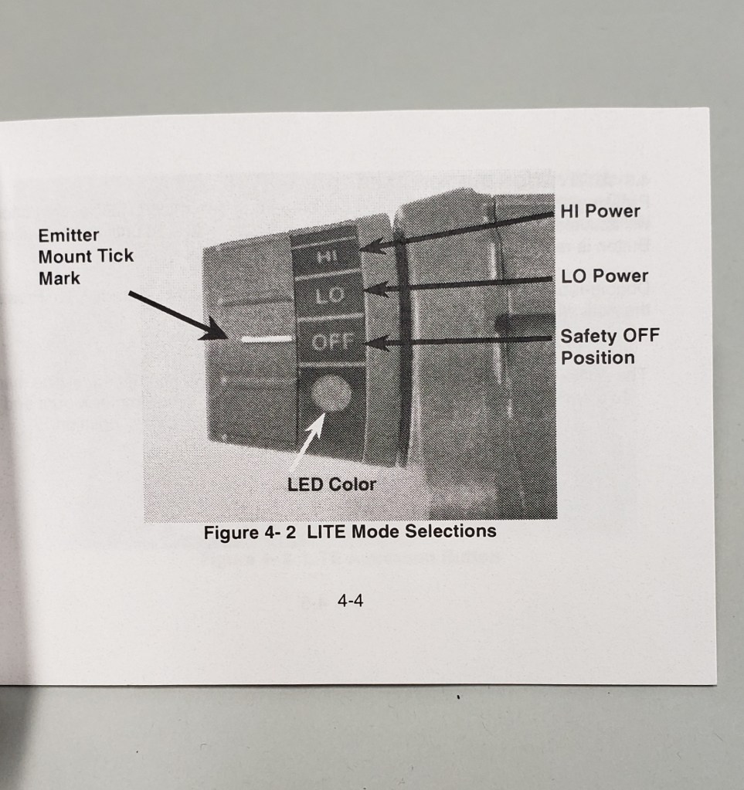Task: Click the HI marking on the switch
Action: click(x=327, y=256)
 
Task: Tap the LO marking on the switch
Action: click(x=330, y=296)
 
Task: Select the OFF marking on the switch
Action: click(x=331, y=342)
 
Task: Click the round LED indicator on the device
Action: click(x=331, y=393)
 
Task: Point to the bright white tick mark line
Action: click(x=267, y=338)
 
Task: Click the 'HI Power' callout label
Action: click(x=600, y=211)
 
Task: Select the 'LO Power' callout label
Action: click(x=604, y=276)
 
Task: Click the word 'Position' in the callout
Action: click(x=598, y=358)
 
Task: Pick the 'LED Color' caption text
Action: click(x=331, y=485)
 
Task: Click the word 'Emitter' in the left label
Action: click(x=69, y=236)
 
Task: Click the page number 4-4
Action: click(x=350, y=601)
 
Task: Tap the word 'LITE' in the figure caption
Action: click(x=326, y=531)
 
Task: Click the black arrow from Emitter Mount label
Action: click(x=179, y=316)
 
